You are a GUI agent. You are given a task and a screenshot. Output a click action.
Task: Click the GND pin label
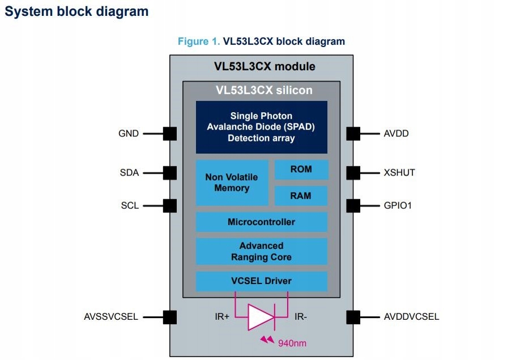pos(129,134)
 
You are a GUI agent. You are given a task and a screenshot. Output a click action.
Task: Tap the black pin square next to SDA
pos(170,173)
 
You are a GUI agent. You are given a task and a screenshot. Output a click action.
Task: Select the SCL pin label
pos(130,205)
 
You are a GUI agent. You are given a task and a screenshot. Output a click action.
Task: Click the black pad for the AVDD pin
pos(353,134)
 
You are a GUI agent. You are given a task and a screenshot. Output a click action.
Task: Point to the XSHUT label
pos(399,173)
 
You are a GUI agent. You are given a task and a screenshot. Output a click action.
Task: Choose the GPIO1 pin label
pos(398,205)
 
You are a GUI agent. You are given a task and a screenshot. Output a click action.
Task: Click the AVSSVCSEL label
pos(111,316)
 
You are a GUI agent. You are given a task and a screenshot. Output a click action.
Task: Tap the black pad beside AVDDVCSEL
pos(353,317)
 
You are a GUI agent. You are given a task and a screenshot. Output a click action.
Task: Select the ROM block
pos(301,169)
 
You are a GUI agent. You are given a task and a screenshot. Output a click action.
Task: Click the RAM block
pos(301,196)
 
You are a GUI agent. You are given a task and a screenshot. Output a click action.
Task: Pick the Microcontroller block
pos(261,222)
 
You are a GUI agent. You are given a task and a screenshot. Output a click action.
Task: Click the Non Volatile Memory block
pos(232,183)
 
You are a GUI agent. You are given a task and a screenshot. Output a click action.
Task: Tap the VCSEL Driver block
pos(261,281)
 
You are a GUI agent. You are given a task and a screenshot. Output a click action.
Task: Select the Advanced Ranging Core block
pos(261,251)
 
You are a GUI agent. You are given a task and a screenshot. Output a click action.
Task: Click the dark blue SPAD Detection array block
pos(261,127)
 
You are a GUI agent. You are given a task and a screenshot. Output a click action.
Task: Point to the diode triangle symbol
pos(261,317)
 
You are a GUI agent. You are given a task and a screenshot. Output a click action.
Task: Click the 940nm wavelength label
pos(292,343)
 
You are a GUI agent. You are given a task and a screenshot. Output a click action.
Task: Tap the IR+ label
pos(222,317)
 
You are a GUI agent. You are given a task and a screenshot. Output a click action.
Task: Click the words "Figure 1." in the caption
pos(199,41)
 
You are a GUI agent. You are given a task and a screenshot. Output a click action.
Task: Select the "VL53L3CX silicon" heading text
pos(264,90)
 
